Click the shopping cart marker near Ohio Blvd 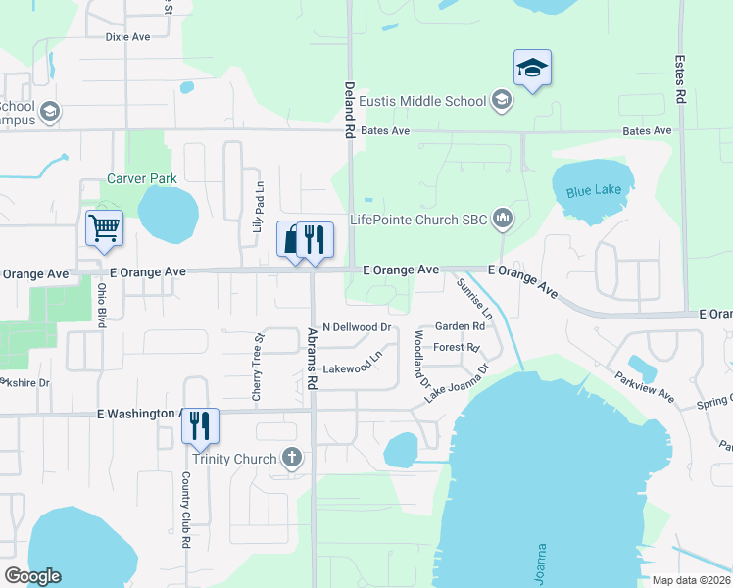click(x=104, y=228)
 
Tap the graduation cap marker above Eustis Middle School click(x=532, y=68)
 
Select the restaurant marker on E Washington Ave click(x=200, y=425)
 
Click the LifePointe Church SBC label click(x=420, y=220)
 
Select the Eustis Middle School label click(x=422, y=101)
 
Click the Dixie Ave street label click(x=127, y=37)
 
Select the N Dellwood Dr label click(x=357, y=327)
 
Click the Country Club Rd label click(x=184, y=510)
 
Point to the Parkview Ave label click(x=645, y=385)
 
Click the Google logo click(x=32, y=575)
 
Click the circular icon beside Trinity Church click(x=292, y=458)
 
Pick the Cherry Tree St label click(x=259, y=367)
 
